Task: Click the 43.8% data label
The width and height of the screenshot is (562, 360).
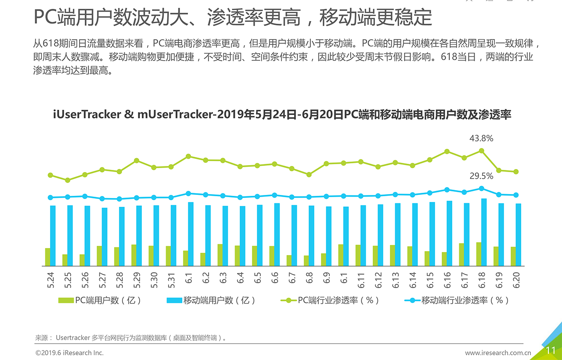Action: coord(481,139)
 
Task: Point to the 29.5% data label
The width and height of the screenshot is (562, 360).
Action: coord(481,176)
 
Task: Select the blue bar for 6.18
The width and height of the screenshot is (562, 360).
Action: coord(484,232)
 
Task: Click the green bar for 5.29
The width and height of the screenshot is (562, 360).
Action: coord(134,255)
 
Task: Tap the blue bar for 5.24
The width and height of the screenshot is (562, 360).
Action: coord(53,235)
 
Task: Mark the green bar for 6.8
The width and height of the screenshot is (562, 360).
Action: coord(306,260)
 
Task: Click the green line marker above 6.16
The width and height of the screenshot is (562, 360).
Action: coord(447,151)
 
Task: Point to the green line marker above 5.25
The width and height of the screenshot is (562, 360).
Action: coord(68,180)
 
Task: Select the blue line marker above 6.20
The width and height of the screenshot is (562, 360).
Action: coord(516,195)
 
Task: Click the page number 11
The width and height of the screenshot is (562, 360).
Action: coord(551,350)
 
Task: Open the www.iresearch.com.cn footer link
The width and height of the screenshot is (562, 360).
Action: coord(498,353)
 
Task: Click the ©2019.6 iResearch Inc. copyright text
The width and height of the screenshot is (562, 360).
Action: coord(69,353)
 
